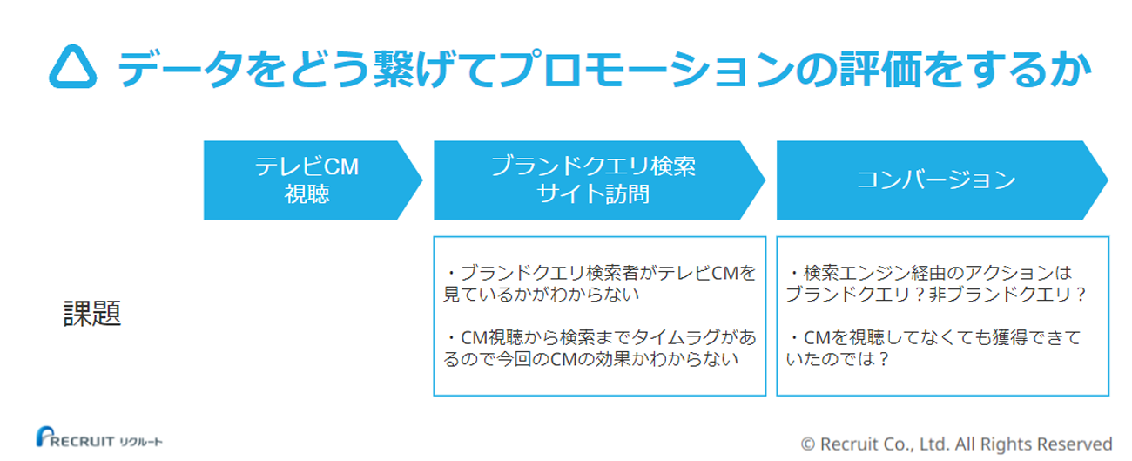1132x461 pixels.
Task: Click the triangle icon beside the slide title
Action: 74,67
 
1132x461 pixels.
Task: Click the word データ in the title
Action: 165,68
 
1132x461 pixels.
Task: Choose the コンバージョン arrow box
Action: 936,180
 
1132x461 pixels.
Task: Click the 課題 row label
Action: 92,315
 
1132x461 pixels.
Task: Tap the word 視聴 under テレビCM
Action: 307,194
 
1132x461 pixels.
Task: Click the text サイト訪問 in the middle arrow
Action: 594,194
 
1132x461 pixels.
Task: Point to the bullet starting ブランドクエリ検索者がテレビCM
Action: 599,283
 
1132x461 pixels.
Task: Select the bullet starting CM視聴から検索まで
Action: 599,348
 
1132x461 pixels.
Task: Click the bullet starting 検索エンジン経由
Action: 936,283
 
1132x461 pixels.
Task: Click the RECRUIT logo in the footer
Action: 98,438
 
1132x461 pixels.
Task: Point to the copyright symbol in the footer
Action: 807,444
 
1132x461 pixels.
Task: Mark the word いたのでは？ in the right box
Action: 838,358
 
